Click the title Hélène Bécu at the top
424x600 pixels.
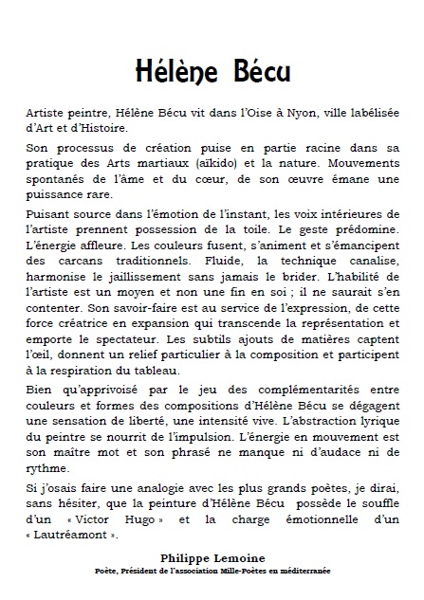(x=212, y=72)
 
